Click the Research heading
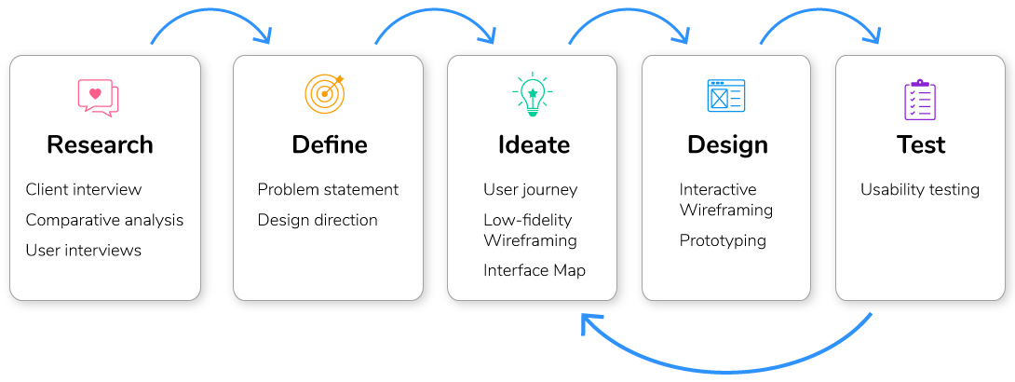point(100,144)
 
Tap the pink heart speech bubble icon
point(99,98)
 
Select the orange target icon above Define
point(324,94)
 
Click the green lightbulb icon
point(533,94)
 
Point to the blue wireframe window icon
point(726,96)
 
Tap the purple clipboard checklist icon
point(920,100)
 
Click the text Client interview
point(84,190)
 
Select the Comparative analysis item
point(105,220)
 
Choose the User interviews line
point(84,250)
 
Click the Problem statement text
point(328,190)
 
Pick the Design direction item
point(318,220)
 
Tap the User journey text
point(530,190)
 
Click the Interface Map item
point(535,270)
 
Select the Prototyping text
point(723,241)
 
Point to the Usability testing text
point(920,190)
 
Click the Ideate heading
point(535,144)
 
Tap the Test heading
point(921,144)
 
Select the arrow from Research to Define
point(210,11)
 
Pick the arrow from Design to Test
point(820,11)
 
